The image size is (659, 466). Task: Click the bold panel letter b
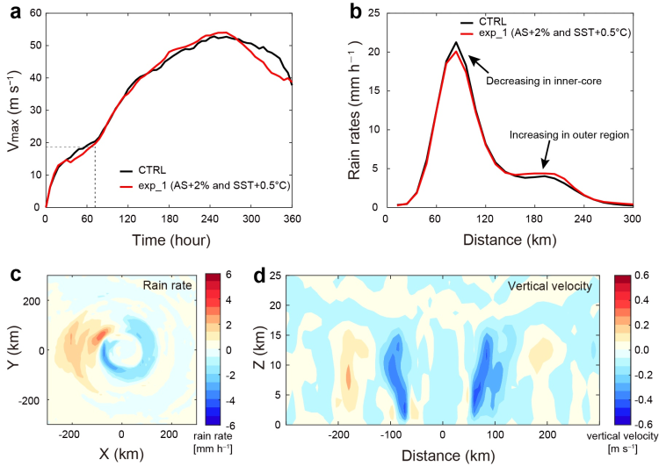tap(352, 10)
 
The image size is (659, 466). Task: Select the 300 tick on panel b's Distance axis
tap(633, 220)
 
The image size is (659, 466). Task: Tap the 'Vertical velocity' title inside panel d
tap(537, 288)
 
